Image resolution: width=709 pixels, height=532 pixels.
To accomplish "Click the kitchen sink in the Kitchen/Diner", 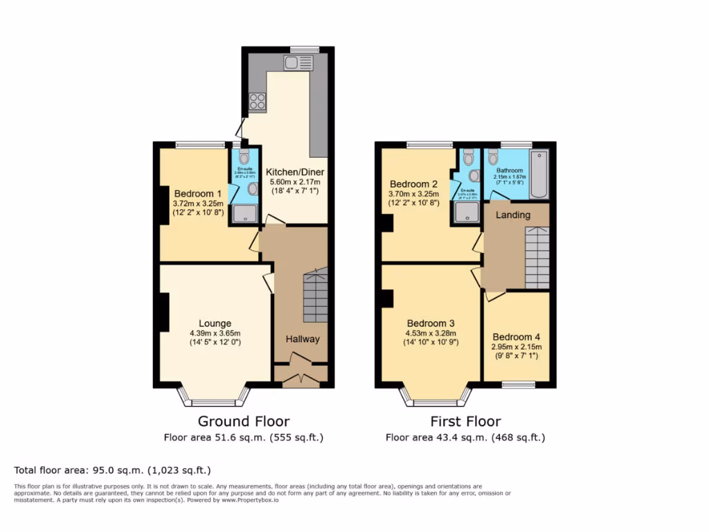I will [298, 64].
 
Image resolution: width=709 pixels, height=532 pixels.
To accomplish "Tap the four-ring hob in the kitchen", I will [258, 102].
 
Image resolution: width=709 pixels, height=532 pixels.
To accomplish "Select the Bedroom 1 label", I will [198, 193].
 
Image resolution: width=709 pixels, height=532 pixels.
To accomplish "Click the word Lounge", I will [215, 323].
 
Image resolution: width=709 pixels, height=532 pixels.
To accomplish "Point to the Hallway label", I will [303, 339].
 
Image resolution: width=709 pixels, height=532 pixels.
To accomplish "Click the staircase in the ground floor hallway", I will [316, 296].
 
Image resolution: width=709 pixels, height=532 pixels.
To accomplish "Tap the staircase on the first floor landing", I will [537, 257].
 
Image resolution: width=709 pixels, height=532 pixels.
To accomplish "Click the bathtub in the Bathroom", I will [538, 173].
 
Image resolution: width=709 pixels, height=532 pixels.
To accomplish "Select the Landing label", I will [513, 215].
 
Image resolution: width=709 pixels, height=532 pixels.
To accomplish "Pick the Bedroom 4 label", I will [517, 337].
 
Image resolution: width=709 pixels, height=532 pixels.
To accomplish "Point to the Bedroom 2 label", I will [413, 184].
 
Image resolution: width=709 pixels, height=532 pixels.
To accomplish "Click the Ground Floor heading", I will [244, 421].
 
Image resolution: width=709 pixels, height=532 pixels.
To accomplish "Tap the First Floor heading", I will [465, 421].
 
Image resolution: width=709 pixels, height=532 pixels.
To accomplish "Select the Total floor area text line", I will [112, 470].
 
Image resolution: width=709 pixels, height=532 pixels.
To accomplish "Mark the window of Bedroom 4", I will [518, 384].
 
